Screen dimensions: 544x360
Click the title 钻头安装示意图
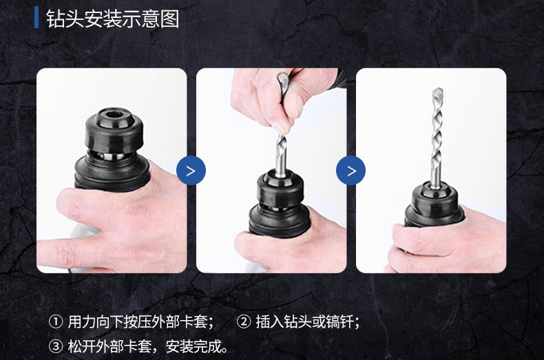(x=113, y=19)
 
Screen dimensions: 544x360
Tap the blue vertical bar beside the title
(x=36, y=19)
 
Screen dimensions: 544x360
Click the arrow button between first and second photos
(x=191, y=170)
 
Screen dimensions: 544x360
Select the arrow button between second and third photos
(x=351, y=170)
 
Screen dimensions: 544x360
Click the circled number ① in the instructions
(x=56, y=322)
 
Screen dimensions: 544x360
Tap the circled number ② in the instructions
(x=244, y=322)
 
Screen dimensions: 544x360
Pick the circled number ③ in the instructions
(x=56, y=346)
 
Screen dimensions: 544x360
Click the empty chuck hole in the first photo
(x=114, y=114)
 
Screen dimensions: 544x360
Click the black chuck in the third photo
(x=434, y=204)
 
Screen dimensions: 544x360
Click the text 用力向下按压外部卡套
(x=138, y=322)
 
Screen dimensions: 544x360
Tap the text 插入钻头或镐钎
(x=304, y=322)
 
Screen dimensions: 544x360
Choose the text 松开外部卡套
(x=109, y=346)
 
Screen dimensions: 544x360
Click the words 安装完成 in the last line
(x=193, y=346)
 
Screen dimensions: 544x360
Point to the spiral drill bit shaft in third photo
(x=437, y=136)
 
